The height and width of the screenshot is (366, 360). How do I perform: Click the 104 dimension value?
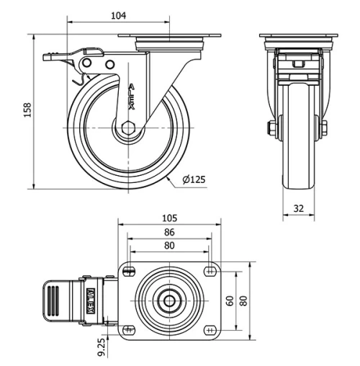point(120,15)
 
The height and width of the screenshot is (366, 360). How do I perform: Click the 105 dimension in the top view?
point(169,218)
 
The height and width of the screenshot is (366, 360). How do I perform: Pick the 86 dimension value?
point(169,232)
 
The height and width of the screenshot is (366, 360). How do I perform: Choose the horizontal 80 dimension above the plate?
point(169,245)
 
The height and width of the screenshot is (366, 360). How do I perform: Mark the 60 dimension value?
point(230,300)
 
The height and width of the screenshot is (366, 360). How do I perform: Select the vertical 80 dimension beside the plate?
point(243,300)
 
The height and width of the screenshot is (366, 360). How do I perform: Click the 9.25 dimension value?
point(101,348)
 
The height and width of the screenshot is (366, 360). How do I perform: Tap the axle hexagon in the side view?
point(128,128)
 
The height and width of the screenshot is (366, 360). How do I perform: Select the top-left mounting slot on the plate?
point(130,271)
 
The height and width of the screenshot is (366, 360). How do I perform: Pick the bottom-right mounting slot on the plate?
point(210,330)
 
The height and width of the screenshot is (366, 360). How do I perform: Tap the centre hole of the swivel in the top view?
point(170,300)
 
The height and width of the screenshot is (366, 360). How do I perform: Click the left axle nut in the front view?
point(270,129)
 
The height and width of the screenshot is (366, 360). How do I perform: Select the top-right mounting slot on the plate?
point(210,271)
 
